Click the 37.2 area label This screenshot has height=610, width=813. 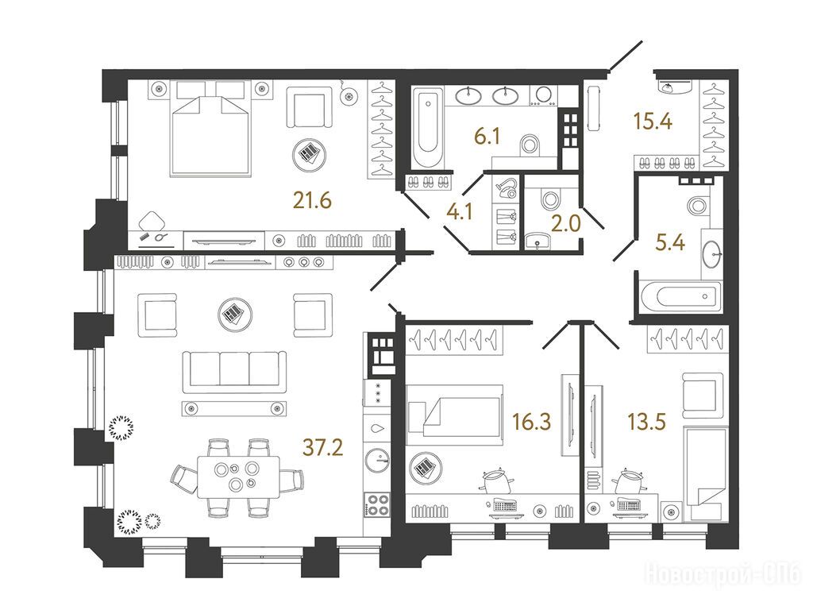pyautogui.click(x=322, y=447)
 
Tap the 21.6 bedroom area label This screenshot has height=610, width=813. pyautogui.click(x=311, y=199)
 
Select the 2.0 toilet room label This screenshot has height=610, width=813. pyautogui.click(x=565, y=223)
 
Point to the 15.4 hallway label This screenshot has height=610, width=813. pyautogui.click(x=653, y=122)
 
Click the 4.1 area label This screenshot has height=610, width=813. pyautogui.click(x=460, y=212)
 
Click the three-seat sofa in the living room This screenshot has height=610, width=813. pyautogui.click(x=234, y=369)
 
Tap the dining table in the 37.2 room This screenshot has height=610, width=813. pyautogui.click(x=238, y=477)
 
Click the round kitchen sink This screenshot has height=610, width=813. pyautogui.click(x=377, y=460)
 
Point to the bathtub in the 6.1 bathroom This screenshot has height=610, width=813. pyautogui.click(x=428, y=128)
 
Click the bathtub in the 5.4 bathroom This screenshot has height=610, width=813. pyautogui.click(x=680, y=297)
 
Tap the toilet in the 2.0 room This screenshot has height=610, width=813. pyautogui.click(x=550, y=198)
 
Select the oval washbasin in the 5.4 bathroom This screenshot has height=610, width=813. pyautogui.click(x=712, y=253)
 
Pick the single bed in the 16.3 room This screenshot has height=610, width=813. pyautogui.click(x=455, y=415)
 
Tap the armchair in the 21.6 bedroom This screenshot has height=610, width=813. pyautogui.click(x=310, y=107)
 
